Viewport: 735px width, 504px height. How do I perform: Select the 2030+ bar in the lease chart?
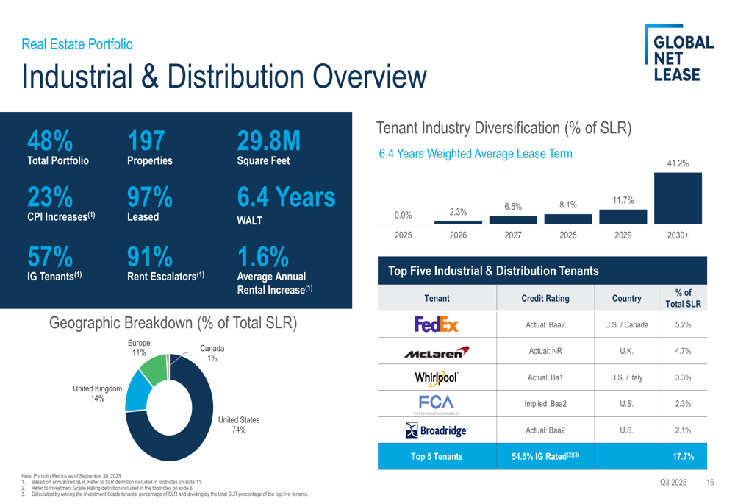(678, 198)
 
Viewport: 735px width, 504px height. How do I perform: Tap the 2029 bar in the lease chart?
(623, 216)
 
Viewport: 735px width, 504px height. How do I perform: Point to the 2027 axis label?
(513, 236)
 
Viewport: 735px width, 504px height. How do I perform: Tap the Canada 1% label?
(212, 353)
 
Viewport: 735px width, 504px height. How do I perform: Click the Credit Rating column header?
(545, 299)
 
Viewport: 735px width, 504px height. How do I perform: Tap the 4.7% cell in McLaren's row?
(682, 352)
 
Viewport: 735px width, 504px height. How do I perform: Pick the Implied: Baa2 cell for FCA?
(545, 404)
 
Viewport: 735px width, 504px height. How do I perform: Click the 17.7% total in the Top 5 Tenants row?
(682, 456)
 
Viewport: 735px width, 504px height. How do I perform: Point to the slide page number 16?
(710, 483)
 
